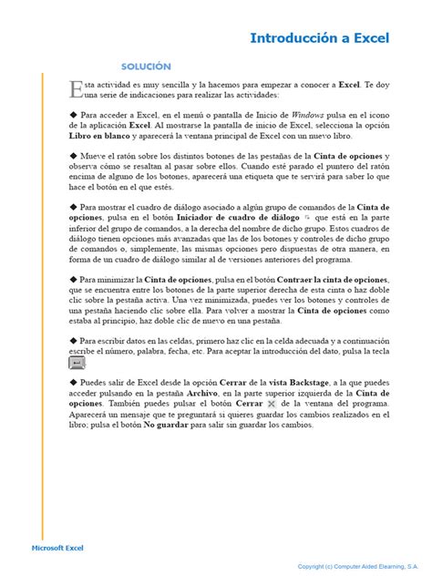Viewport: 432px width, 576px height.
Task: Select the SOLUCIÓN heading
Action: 146,67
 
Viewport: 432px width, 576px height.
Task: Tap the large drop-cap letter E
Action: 76,88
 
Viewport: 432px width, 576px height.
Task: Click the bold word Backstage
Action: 299,383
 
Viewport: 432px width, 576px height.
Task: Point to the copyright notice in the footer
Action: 358,566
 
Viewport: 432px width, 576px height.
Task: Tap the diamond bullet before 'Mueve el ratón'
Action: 73,156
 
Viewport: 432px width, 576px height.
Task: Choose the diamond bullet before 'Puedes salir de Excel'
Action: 73,383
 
